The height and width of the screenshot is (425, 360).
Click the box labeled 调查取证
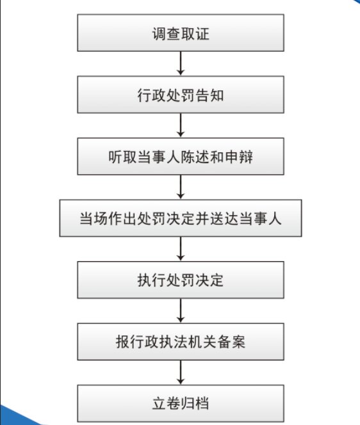(181, 33)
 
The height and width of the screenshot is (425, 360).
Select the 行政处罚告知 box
(181, 95)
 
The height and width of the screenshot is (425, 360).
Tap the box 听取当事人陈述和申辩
(181, 156)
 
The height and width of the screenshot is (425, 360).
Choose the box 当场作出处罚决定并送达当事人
(181, 218)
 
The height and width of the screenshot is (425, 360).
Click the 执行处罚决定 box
(181, 280)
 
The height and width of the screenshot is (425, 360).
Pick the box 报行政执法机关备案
(181, 342)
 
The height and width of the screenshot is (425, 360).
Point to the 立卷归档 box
(181, 403)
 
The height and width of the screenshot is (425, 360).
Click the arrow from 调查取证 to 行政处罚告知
(181, 63)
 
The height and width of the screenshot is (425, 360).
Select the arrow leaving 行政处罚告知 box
(181, 125)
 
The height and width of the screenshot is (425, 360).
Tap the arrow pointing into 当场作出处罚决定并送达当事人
(181, 187)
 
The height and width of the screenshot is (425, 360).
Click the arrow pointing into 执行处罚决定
(181, 249)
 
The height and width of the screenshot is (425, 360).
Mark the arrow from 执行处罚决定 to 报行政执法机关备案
(181, 310)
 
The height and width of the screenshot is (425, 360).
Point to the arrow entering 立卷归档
(181, 373)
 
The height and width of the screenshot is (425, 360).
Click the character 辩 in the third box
(246, 157)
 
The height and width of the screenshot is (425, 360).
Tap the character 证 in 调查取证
(202, 34)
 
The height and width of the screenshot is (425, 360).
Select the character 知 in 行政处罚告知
(217, 95)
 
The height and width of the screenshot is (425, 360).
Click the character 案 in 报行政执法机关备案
(238, 342)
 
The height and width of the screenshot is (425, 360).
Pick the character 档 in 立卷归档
(202, 404)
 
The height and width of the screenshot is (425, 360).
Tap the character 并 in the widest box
(202, 218)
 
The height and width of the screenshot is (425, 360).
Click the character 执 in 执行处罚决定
(145, 280)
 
